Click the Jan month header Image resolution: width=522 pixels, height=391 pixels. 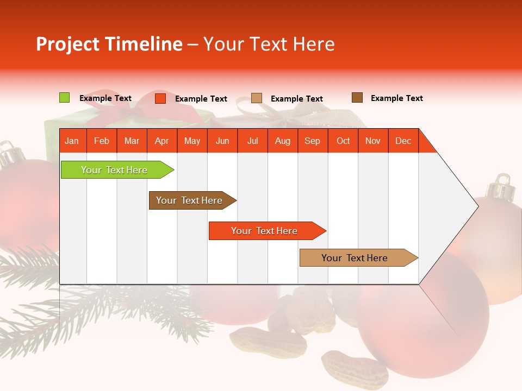point(72,141)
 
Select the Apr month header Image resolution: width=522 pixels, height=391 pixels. point(162,141)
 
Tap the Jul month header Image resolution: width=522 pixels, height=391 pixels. point(252,141)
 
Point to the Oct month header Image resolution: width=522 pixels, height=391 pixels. point(343,141)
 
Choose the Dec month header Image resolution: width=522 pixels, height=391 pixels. point(403,141)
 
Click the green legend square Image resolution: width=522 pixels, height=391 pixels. point(64,98)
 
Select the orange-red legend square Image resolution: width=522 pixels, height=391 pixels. point(160,98)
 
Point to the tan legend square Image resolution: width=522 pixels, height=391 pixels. point(257,98)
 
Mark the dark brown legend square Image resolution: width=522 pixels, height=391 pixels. point(357,98)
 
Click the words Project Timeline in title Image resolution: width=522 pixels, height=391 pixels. point(109,44)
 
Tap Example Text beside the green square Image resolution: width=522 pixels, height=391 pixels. point(105,98)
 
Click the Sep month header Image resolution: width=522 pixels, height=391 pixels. point(313,141)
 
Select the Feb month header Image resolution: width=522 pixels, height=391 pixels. point(102,141)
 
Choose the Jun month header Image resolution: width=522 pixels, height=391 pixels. point(222,141)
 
